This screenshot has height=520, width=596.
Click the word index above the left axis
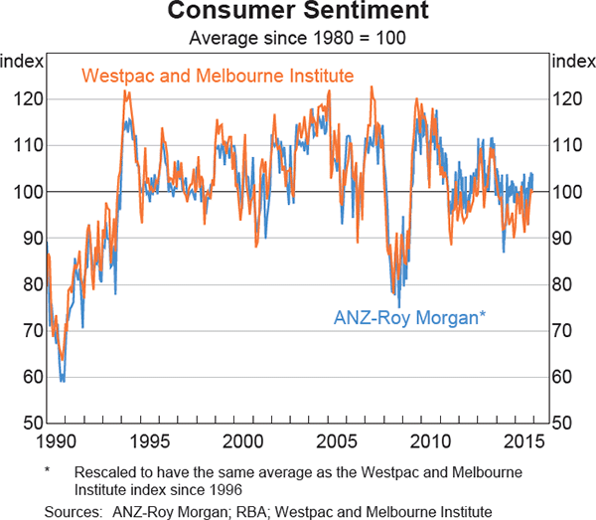[22, 61]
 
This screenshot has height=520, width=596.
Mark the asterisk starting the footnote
[48, 469]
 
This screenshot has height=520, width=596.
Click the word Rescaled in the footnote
[104, 471]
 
